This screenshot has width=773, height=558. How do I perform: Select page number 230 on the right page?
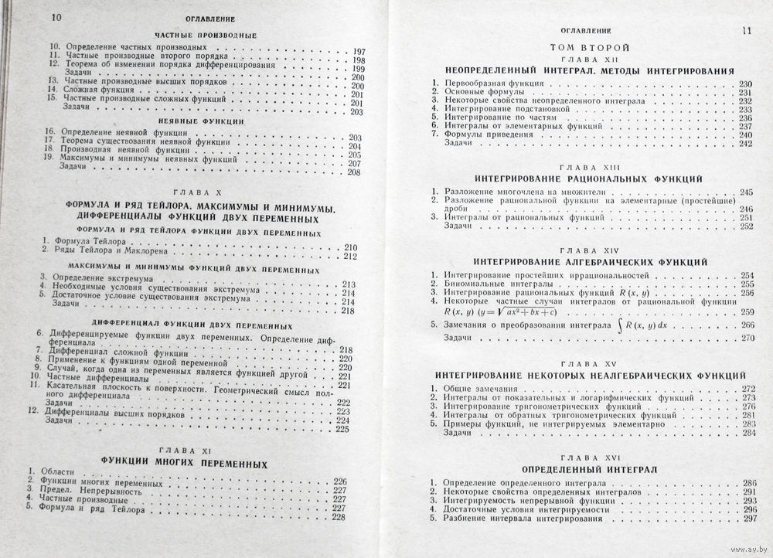tap(745, 84)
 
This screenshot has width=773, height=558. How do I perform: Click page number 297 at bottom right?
tap(747, 519)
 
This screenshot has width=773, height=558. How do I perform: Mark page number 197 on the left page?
tap(359, 51)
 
